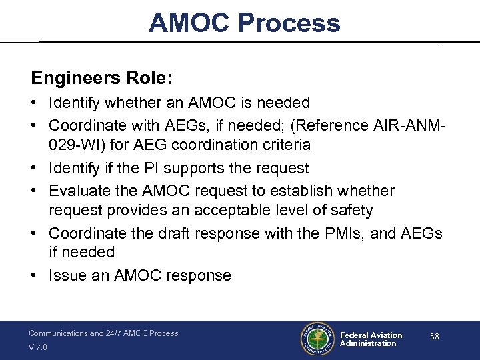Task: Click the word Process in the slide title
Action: tap(289, 23)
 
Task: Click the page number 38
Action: tap(434, 337)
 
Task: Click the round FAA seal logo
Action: tap(317, 339)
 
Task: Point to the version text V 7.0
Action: tap(39, 347)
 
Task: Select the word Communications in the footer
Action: tap(57, 333)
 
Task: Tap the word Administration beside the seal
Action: tap(368, 343)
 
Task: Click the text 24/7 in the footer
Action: tap(115, 333)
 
